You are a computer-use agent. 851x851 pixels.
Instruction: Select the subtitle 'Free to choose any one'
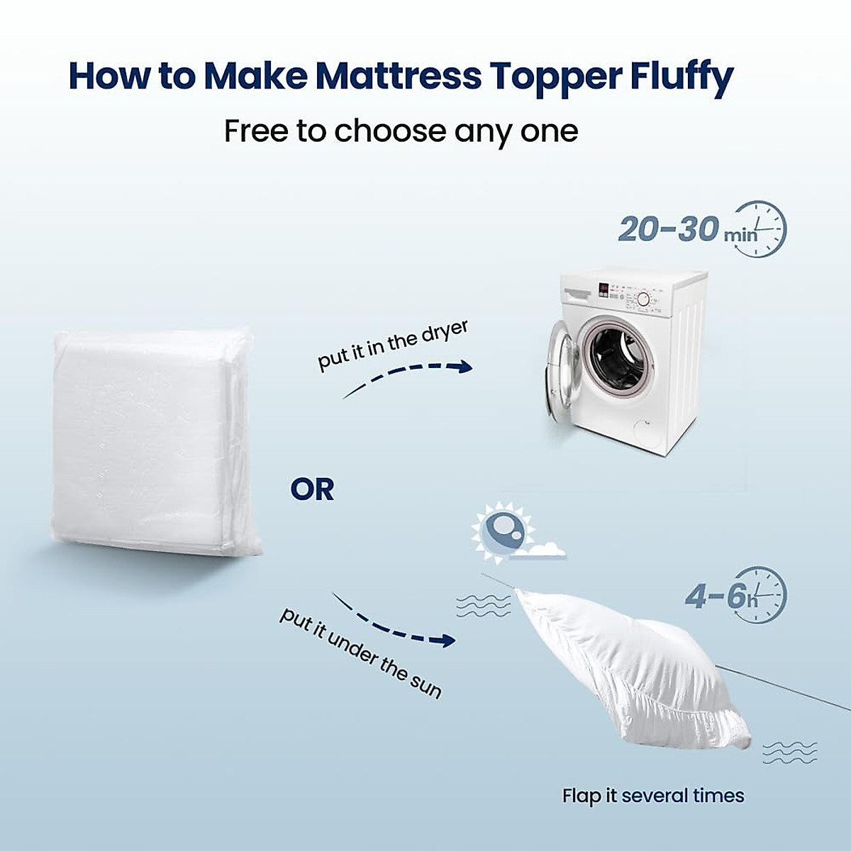(401, 132)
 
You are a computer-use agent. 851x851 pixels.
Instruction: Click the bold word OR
(312, 489)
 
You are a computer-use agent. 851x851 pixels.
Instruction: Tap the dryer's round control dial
(643, 299)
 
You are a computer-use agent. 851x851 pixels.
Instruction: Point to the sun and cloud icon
(515, 533)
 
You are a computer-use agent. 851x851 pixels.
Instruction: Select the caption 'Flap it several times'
(653, 796)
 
